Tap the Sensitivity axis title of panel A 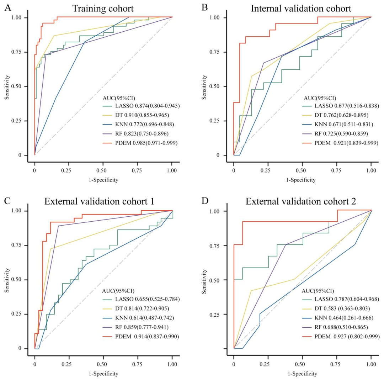coord(6,86)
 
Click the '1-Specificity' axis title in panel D coord(302,374)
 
